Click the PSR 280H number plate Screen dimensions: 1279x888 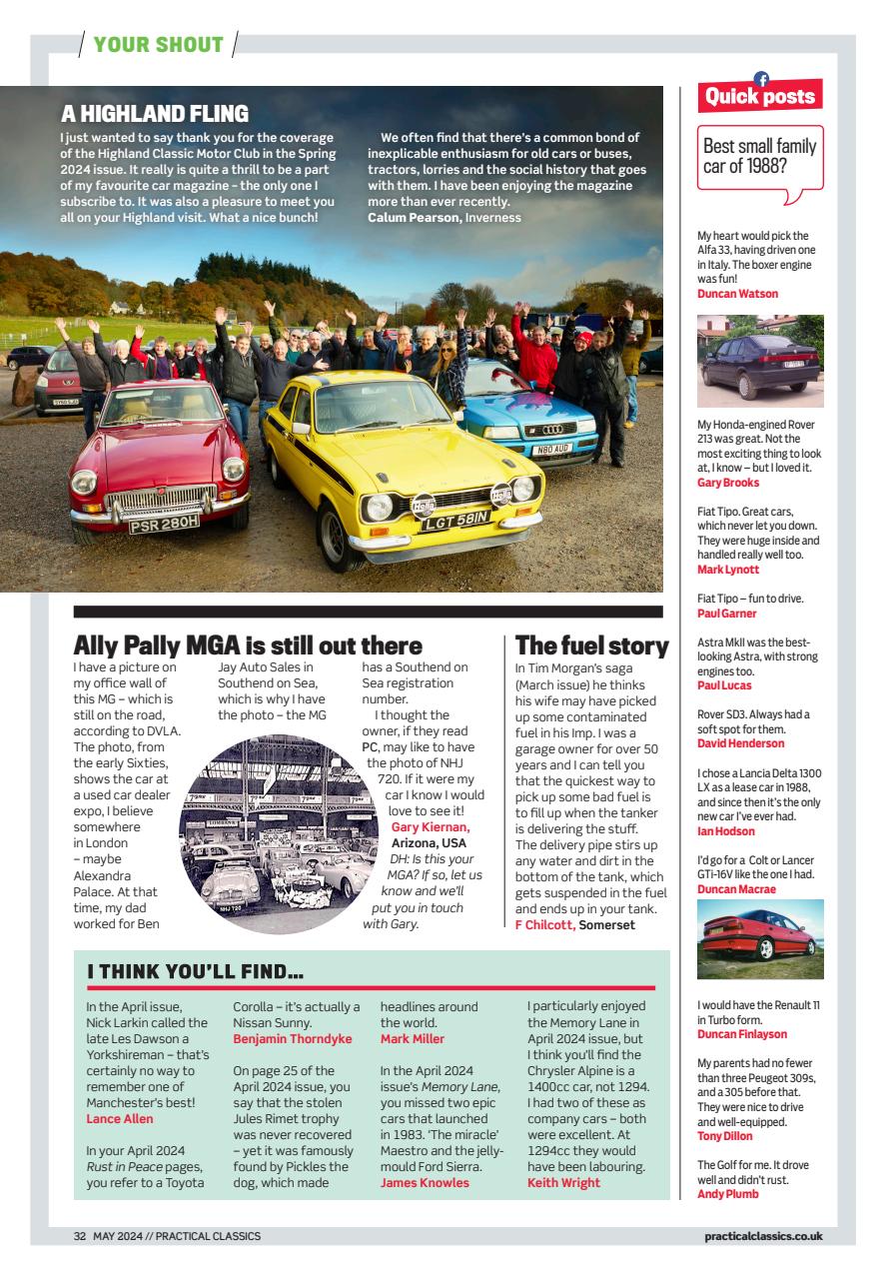(x=164, y=523)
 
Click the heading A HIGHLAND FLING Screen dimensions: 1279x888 (x=155, y=114)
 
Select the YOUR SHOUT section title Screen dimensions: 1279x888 (x=158, y=45)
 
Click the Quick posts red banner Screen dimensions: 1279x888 (x=760, y=96)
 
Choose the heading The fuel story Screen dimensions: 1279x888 (x=591, y=645)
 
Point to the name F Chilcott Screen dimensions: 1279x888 (x=544, y=924)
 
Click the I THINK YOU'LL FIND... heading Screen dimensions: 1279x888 (x=195, y=971)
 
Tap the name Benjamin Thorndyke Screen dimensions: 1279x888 (x=293, y=1039)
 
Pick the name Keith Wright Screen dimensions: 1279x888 (x=563, y=1183)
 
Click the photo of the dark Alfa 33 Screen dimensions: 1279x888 (x=760, y=361)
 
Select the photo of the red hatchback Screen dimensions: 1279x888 (x=760, y=939)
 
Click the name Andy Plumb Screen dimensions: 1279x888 (x=727, y=1194)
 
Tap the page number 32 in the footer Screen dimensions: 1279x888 (x=80, y=1236)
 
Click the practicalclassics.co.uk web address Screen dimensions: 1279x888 (x=762, y=1236)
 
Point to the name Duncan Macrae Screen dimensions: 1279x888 (x=738, y=889)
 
